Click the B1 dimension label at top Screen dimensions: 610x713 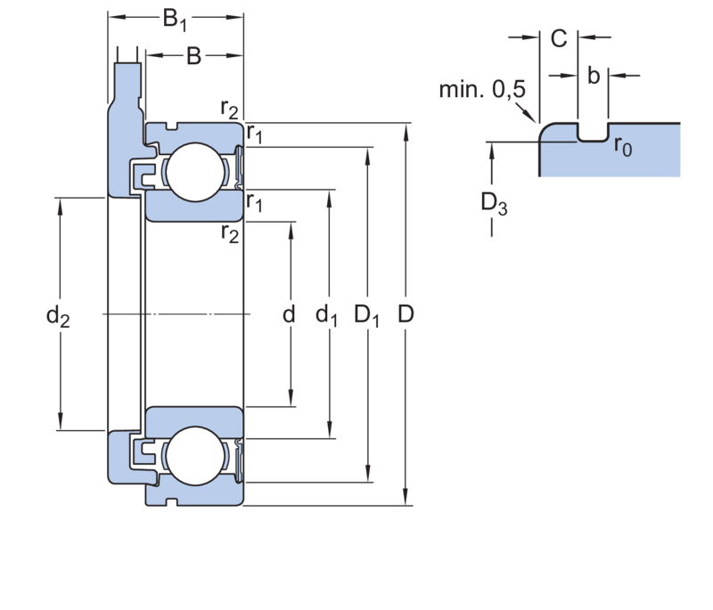(175, 19)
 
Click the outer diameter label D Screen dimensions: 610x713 (406, 314)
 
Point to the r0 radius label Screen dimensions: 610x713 (623, 148)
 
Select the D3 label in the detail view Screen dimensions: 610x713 (493, 204)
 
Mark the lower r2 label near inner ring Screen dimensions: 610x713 (230, 235)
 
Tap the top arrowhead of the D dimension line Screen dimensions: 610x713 (406, 133)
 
